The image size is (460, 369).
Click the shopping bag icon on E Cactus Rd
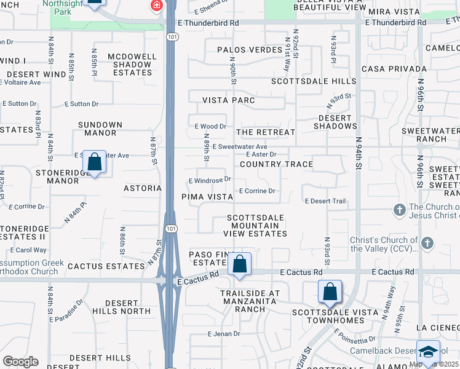tap(240, 264)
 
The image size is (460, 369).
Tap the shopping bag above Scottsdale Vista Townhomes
tap(330, 291)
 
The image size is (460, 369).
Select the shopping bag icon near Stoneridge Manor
tap(95, 162)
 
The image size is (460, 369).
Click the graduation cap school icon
tap(428, 352)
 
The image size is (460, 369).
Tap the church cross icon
tap(400, 209)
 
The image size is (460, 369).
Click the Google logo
tap(20, 362)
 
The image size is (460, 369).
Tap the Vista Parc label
tap(229, 100)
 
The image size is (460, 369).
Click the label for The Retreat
tap(266, 132)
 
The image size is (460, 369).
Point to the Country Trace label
tap(276, 164)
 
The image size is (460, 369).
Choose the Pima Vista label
tap(207, 197)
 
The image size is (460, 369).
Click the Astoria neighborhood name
tap(142, 188)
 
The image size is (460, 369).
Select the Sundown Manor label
tap(100, 129)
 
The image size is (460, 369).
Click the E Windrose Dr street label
tap(210, 180)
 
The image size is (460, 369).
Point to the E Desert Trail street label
tap(325, 201)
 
